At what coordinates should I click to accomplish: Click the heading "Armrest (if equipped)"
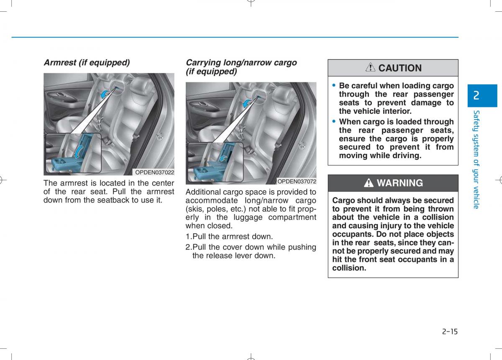tap(87, 63)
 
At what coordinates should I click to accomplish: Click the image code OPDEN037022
tap(154, 172)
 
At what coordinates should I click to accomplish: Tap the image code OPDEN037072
tap(297, 181)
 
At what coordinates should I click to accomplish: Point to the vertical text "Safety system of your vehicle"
tap(476, 159)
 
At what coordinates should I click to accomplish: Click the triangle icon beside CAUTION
tap(370, 68)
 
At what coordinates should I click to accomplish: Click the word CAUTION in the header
tap(400, 68)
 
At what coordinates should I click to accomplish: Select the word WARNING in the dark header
tap(400, 183)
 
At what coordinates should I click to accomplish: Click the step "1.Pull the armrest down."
tap(229, 237)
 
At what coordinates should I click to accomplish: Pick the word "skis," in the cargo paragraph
tap(196, 209)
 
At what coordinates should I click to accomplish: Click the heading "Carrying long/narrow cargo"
tap(241, 63)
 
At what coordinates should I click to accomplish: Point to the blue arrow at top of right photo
tap(248, 102)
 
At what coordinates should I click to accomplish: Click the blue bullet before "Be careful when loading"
tap(334, 85)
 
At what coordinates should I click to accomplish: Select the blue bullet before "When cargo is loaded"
tap(334, 121)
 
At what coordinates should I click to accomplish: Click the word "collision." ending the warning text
tap(349, 268)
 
